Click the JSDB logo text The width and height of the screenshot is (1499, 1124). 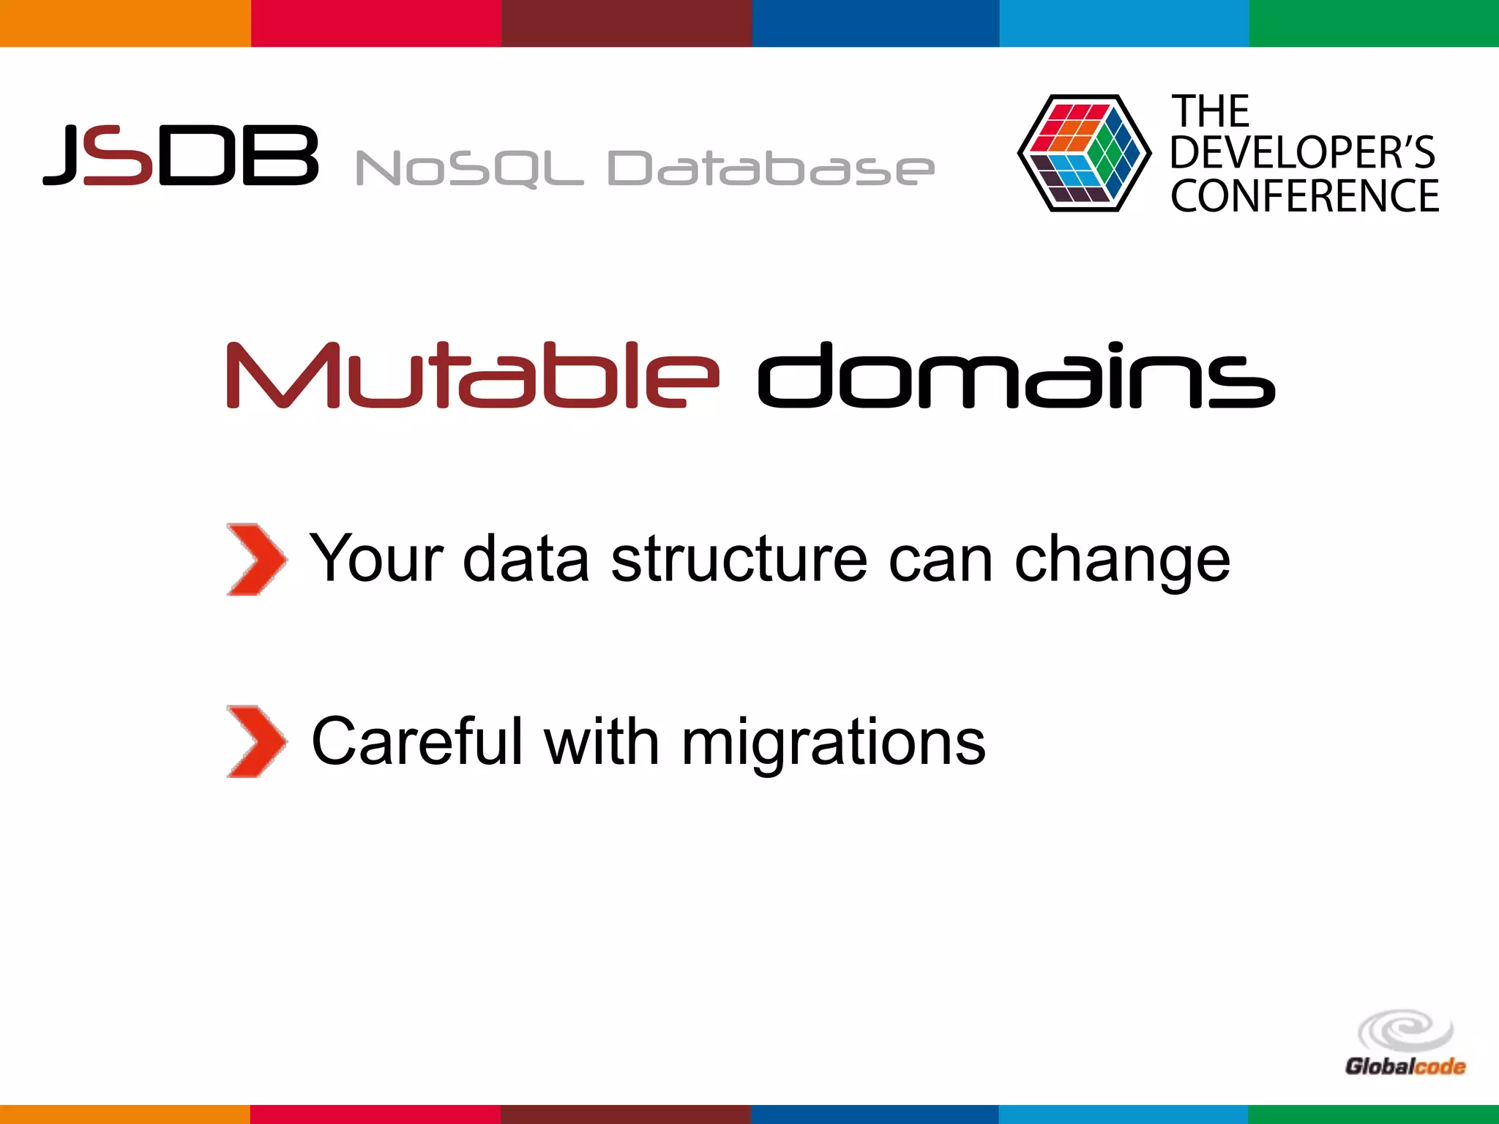click(x=181, y=154)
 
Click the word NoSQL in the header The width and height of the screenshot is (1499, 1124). click(x=469, y=169)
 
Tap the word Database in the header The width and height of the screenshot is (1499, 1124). click(x=771, y=168)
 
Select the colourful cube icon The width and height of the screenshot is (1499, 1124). click(x=1083, y=153)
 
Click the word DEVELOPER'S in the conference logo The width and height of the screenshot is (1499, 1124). click(x=1302, y=152)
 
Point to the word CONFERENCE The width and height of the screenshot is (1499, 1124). click(x=1304, y=196)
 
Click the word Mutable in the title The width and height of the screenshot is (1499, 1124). click(x=473, y=375)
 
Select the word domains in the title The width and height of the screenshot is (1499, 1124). click(x=1016, y=375)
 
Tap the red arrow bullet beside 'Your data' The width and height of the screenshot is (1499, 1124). click(x=255, y=560)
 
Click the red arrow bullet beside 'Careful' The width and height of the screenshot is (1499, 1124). click(x=255, y=741)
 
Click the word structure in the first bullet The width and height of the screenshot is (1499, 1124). click(x=739, y=560)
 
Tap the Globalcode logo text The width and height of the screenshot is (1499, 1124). click(x=1405, y=1066)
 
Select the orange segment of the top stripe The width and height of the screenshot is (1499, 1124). click(x=125, y=23)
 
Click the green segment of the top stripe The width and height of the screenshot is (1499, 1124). click(x=1374, y=23)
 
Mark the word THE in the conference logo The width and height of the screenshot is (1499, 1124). click(x=1211, y=112)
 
